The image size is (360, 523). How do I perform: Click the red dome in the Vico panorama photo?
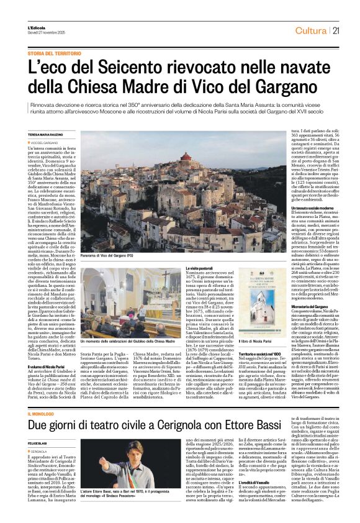click(185, 157)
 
